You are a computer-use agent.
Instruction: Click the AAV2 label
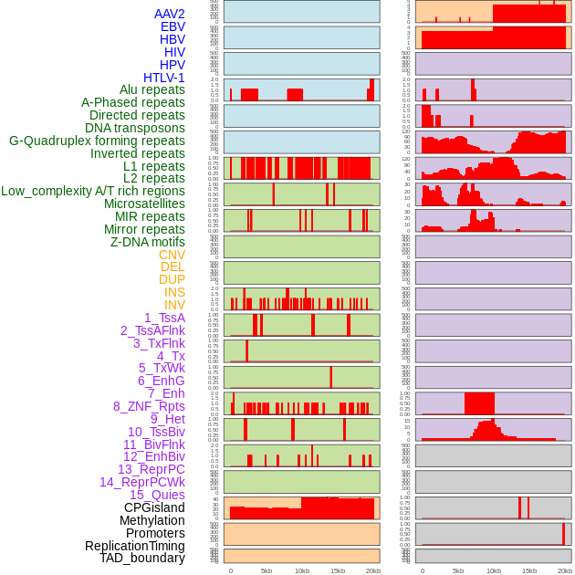coord(169,14)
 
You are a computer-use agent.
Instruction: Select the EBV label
coord(172,26)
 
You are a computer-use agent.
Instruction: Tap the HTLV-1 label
coord(163,78)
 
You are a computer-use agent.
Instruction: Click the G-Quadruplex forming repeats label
coord(97,141)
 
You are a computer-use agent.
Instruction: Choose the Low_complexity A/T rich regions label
coord(93,191)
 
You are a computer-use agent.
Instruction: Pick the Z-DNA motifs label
coord(147,242)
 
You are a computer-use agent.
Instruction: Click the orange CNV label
coord(172,255)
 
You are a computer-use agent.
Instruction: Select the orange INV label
coord(174,305)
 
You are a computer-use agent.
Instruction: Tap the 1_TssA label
coord(164,318)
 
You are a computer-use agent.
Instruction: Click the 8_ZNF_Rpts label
coord(149,406)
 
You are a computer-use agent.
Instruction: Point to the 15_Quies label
coord(157,495)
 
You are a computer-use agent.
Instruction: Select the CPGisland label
coord(154,507)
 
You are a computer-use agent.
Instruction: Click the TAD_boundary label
coord(142,558)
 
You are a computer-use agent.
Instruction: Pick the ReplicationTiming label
coord(135,546)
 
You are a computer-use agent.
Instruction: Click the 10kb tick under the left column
coord(302,570)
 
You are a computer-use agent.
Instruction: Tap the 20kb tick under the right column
coord(565,570)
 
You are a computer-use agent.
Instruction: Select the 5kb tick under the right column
coord(458,570)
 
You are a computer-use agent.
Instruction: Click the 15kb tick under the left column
coord(338,570)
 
